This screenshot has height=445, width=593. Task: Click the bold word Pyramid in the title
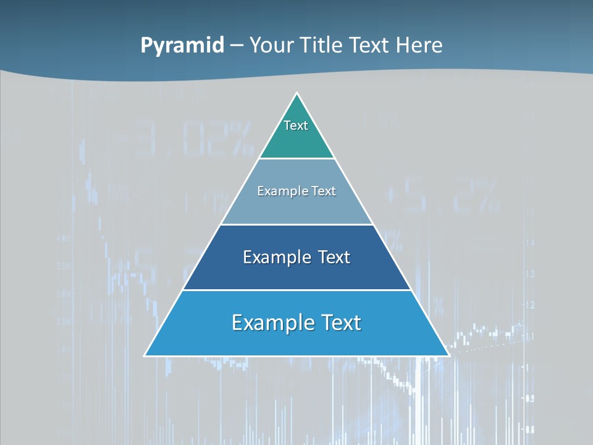(182, 46)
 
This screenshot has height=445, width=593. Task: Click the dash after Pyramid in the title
(237, 46)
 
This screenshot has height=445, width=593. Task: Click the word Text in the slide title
(369, 46)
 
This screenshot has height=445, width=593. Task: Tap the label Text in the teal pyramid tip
(296, 125)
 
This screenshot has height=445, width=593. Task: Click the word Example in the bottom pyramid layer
(272, 323)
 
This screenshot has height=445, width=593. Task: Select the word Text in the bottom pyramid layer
(340, 323)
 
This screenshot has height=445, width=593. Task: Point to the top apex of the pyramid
(296, 93)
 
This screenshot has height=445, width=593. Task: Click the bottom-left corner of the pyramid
(145, 355)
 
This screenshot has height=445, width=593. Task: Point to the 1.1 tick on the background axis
(529, 336)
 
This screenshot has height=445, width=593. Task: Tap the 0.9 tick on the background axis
(529, 399)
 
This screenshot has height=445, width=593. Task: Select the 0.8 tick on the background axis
(529, 429)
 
